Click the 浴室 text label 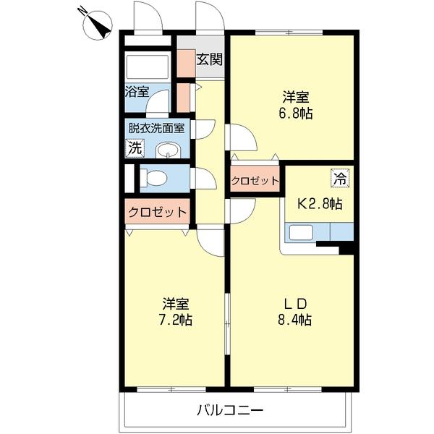pyautogui.click(x=137, y=92)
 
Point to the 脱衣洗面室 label pyautogui.click(x=156, y=128)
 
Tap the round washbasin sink pyautogui.click(x=169, y=151)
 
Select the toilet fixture pyautogui.click(x=154, y=177)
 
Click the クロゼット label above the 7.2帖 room pyautogui.click(x=158, y=213)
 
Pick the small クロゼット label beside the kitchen pyautogui.click(x=255, y=180)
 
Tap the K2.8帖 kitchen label pyautogui.click(x=320, y=204)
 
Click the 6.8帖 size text pyautogui.click(x=297, y=113)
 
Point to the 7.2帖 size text pyautogui.click(x=176, y=320)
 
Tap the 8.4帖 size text pyautogui.click(x=296, y=320)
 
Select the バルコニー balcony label pyautogui.click(x=231, y=411)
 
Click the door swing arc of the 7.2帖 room pyautogui.click(x=210, y=243)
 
